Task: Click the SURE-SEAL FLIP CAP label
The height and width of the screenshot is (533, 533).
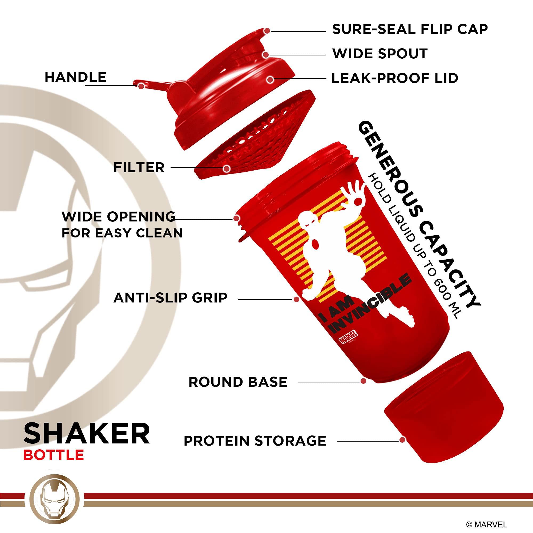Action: (x=410, y=30)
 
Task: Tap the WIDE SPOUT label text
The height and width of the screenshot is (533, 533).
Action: (x=380, y=54)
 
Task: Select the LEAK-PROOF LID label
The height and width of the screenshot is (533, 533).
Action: (x=395, y=78)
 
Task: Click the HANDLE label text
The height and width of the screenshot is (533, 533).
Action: (x=76, y=77)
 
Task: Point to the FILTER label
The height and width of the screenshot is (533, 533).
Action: (x=139, y=167)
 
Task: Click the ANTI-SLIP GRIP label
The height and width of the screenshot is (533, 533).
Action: (x=170, y=298)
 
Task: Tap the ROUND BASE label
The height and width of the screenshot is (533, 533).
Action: (x=238, y=382)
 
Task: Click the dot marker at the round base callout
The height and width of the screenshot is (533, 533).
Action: (x=363, y=381)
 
